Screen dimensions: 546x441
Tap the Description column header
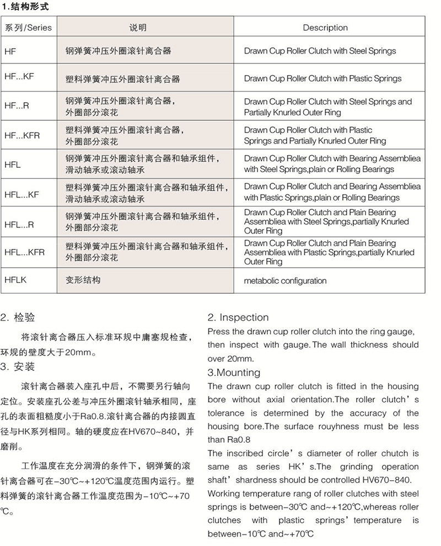[325, 28]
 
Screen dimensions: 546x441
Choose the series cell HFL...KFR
[24, 252]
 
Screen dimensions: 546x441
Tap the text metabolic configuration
[285, 280]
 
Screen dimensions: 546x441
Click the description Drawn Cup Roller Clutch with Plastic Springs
[322, 78]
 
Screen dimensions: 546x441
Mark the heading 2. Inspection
[238, 317]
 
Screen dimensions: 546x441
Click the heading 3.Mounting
[234, 373]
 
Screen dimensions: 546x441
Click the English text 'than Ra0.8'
[225, 439]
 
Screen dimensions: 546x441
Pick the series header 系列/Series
[28, 28]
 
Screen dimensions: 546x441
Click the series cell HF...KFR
[21, 134]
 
